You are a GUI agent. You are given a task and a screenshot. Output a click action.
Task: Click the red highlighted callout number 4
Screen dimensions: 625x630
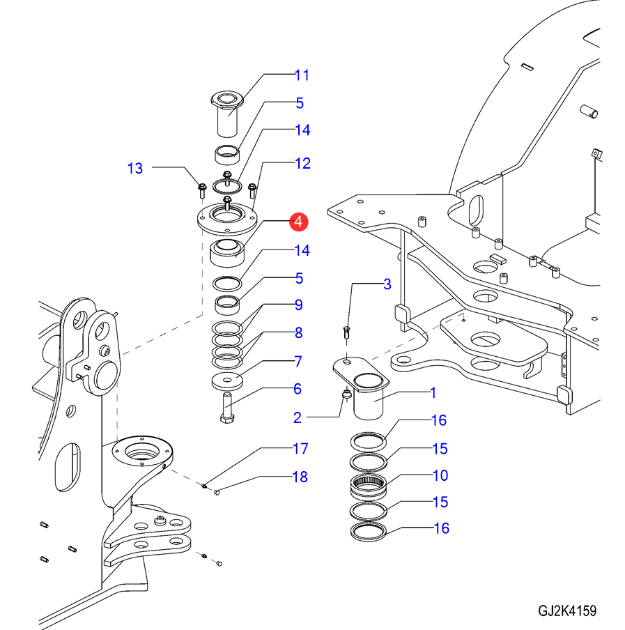click(298, 222)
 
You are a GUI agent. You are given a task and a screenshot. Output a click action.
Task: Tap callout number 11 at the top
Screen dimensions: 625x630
click(302, 75)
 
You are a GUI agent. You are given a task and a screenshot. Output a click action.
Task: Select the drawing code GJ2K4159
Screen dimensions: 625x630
click(567, 611)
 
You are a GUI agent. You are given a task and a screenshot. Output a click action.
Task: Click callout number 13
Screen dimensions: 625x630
click(135, 169)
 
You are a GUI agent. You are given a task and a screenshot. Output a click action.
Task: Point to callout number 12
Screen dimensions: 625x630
click(302, 163)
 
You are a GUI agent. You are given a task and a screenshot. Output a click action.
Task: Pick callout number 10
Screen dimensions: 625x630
click(440, 475)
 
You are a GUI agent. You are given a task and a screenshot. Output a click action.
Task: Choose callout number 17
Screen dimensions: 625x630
click(300, 448)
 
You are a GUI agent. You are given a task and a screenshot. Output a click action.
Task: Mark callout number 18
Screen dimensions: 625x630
click(300, 477)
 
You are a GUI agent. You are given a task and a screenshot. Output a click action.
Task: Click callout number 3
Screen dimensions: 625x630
click(387, 284)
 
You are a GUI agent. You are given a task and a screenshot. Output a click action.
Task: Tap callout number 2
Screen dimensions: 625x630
click(298, 418)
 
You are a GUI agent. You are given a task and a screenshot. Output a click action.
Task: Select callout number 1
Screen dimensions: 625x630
click(433, 392)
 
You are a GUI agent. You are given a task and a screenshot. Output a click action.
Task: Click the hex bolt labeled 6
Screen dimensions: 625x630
click(227, 408)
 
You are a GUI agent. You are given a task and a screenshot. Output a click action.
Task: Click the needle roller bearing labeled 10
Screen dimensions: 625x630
click(369, 487)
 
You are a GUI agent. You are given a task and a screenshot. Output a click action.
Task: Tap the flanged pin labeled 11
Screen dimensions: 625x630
click(227, 114)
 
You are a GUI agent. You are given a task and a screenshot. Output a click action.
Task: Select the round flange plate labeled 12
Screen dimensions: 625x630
click(227, 220)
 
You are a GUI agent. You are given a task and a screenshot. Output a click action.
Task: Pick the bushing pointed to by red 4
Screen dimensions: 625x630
click(227, 253)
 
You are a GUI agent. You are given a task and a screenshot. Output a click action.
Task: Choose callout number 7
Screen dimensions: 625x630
click(298, 361)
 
